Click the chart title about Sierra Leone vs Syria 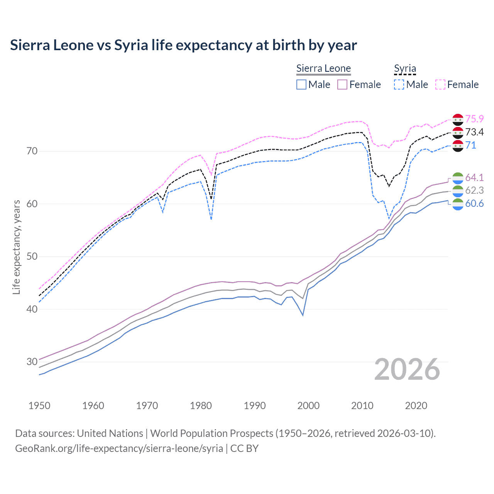(183, 45)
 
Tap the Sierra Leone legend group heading (323, 69)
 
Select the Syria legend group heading (405, 69)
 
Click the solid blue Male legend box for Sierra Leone (301, 85)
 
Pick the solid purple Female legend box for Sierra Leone (342, 85)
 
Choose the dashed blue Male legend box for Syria (399, 85)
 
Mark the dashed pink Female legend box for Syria (440, 85)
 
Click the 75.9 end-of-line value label (474, 119)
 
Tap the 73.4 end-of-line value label (474, 132)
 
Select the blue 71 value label (470, 145)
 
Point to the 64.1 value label (474, 178)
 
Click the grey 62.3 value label (474, 190)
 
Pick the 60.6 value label (474, 203)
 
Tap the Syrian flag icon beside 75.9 (458, 119)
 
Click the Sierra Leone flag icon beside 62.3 (458, 191)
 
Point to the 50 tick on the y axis (32, 256)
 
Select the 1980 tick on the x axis (201, 406)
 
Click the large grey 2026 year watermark (407, 369)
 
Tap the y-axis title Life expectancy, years (17, 247)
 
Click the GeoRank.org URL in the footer (119, 448)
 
